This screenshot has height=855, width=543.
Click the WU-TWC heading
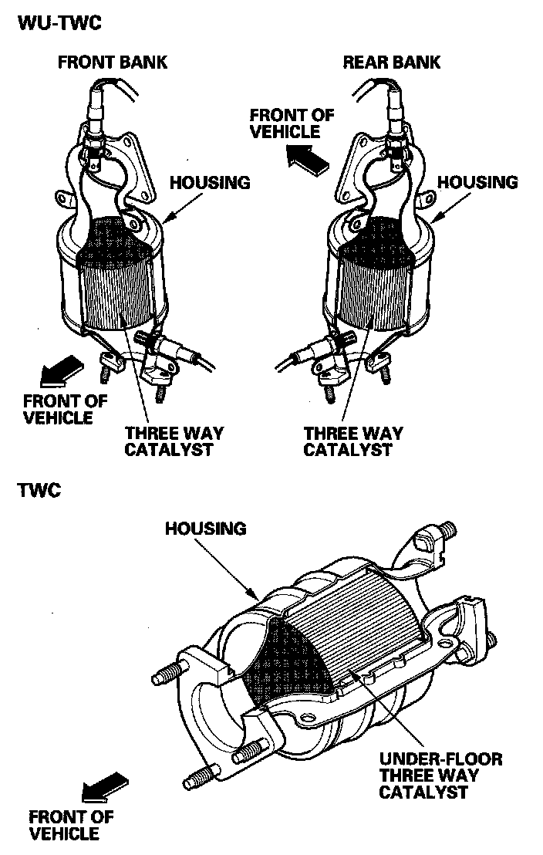coord(59,22)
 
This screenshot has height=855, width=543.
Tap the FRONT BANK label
coord(113,62)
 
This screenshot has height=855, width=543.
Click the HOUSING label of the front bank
coord(210,183)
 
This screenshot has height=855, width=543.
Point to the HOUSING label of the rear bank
coord(478,183)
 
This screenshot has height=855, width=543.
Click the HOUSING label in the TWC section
coord(206,529)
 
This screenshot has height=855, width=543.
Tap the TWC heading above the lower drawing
coord(39,489)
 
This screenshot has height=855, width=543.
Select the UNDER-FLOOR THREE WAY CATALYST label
coord(441,776)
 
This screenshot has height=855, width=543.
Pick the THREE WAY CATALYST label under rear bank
coord(352,441)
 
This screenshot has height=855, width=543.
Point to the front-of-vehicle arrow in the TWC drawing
coord(104,785)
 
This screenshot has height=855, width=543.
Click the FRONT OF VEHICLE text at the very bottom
coord(71,825)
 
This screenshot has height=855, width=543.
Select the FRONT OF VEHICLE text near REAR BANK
coord(292,123)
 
